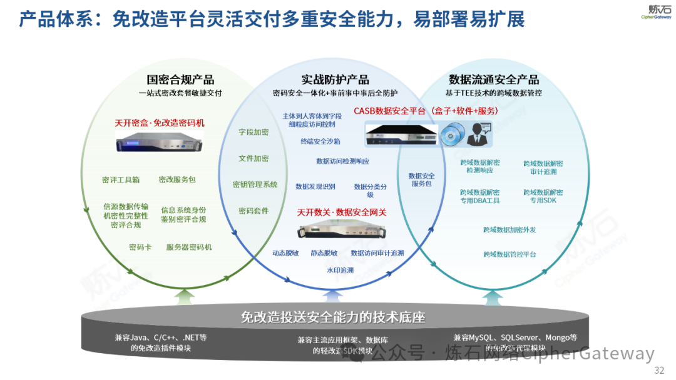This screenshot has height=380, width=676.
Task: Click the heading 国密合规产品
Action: click(x=180, y=79)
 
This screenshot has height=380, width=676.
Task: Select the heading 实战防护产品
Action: click(x=335, y=79)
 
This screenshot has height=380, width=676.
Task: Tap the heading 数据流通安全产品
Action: click(x=494, y=79)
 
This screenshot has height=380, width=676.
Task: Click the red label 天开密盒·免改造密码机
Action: click(x=160, y=123)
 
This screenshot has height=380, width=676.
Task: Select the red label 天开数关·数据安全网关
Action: click(x=342, y=212)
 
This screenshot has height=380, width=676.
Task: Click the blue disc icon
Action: click(x=452, y=134)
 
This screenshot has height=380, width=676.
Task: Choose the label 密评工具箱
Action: click(x=121, y=180)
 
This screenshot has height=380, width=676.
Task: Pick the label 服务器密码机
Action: click(x=189, y=247)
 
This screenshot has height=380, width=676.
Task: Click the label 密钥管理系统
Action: click(x=255, y=184)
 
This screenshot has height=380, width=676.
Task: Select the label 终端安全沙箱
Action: click(x=320, y=141)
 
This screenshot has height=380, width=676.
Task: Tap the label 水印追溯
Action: click(x=340, y=271)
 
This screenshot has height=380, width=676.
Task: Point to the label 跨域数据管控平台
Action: click(x=510, y=254)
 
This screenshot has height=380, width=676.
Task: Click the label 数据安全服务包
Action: click(x=421, y=180)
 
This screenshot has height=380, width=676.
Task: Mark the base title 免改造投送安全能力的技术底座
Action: click(x=333, y=317)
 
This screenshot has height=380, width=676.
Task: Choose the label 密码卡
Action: click(x=140, y=247)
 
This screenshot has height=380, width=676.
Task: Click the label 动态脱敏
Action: click(x=285, y=253)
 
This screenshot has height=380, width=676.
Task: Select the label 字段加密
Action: click(x=253, y=132)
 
